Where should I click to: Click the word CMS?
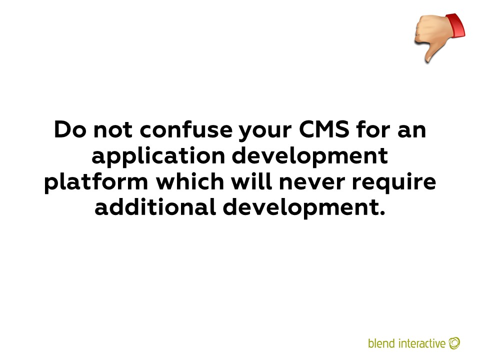point(324,129)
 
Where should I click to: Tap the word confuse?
point(186,129)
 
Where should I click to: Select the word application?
point(158,156)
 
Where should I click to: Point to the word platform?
point(96,182)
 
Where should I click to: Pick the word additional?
point(155,207)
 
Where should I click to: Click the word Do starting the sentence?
point(70,129)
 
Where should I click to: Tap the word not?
point(113,130)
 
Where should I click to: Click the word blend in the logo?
point(381,343)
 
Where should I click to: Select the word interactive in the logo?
point(422,343)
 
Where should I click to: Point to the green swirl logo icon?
point(454,343)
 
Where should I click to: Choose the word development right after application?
point(310,156)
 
